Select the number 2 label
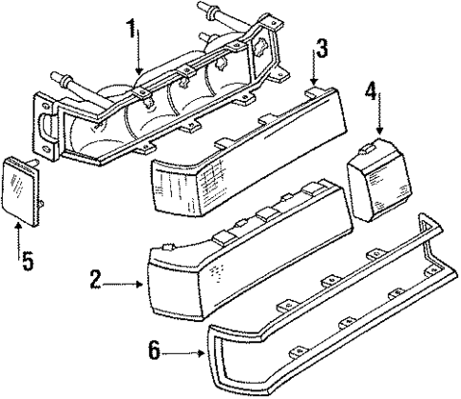[x=95, y=279]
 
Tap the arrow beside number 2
[x=124, y=282]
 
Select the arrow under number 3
[x=317, y=72]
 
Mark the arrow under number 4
[x=380, y=120]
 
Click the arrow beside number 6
[x=185, y=352]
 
